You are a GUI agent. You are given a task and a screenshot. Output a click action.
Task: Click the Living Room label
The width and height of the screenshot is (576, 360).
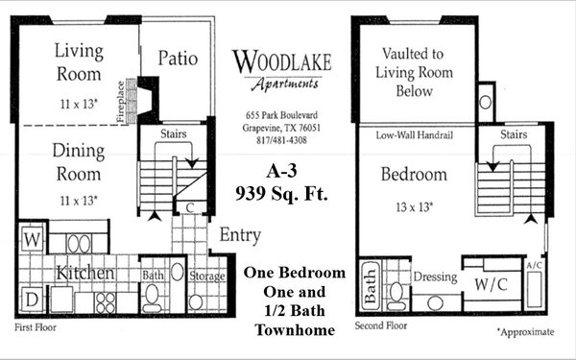(x=78, y=61)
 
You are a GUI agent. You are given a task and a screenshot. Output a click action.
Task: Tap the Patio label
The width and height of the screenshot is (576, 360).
(x=178, y=60)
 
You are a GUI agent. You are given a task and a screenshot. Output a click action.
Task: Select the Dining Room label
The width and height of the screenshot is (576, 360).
(x=78, y=163)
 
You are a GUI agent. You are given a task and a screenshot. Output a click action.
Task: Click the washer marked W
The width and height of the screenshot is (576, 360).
(x=32, y=237)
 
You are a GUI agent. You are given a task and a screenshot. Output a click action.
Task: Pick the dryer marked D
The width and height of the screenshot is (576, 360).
(x=31, y=299)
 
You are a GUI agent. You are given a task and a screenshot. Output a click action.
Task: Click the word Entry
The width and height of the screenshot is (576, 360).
(x=241, y=235)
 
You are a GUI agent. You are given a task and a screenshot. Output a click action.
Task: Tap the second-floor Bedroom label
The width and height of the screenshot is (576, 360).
(x=414, y=176)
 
